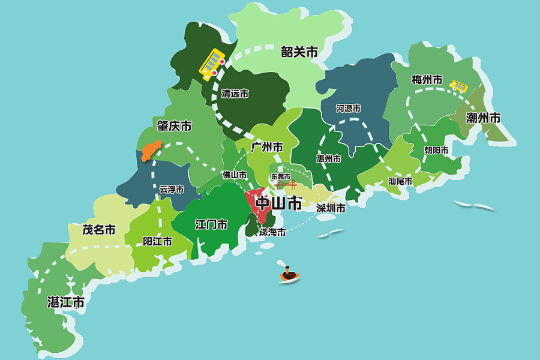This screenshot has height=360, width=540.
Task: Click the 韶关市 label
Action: pos(299,52)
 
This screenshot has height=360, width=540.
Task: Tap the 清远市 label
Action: pos(235,94)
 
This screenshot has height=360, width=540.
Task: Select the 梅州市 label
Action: pos(427,79)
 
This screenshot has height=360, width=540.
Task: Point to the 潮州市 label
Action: pos(483,118)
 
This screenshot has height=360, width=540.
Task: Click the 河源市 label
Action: pos(349,109)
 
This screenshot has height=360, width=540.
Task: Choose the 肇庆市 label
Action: pos(174,126)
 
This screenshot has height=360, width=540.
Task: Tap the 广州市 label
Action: pos(267,146)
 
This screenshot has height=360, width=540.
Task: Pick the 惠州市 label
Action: pos(329,159)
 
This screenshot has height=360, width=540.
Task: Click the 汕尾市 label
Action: pos(400,181)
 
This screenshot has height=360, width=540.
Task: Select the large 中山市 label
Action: pos(278,203)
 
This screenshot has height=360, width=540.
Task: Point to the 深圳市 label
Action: pos(331,208)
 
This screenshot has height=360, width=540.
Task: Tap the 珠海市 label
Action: pos(272,232)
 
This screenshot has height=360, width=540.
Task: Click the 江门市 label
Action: pos(211,224)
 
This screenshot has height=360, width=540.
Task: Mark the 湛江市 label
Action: pos(66,302)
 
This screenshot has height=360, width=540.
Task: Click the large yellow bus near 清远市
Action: pos(212,64)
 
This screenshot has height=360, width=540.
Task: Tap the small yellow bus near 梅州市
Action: pos(459,87)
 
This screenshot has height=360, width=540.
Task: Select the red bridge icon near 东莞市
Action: pos(286,184)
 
